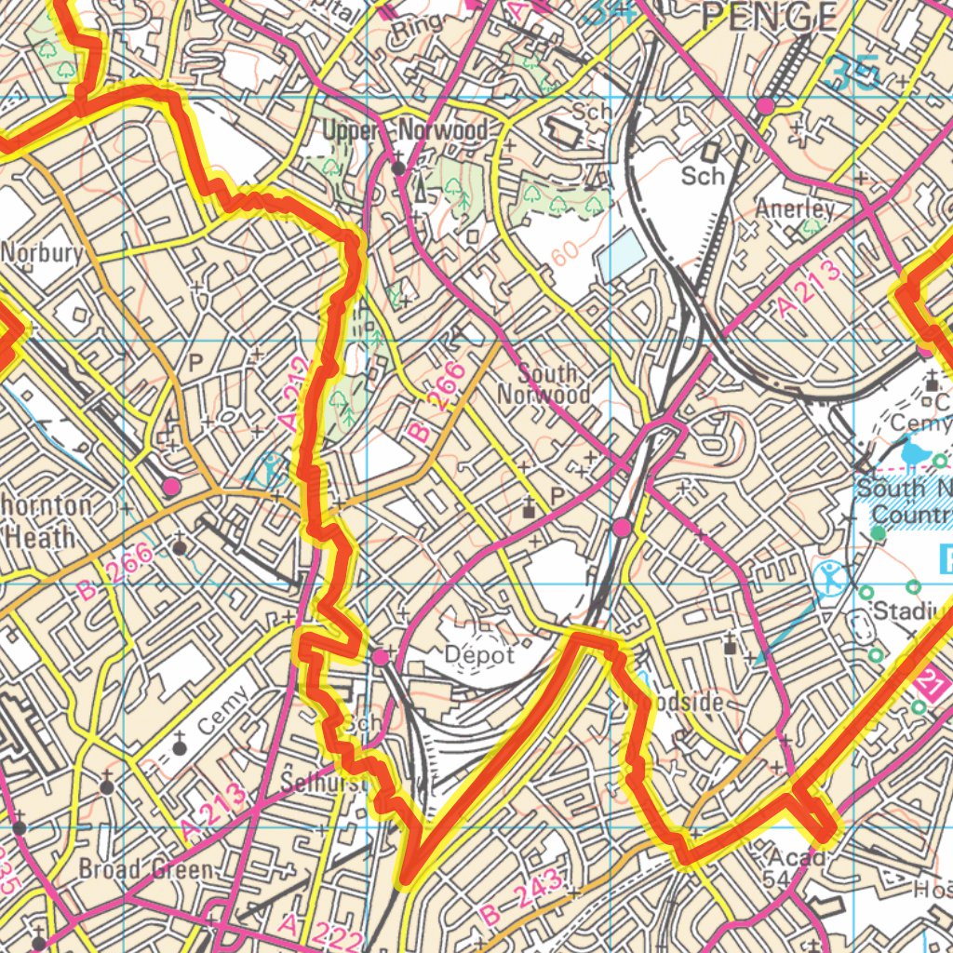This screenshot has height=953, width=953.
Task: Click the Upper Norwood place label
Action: tap(405, 131)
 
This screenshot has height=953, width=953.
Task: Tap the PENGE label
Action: tap(769, 16)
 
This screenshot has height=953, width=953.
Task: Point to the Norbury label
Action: tap(42, 253)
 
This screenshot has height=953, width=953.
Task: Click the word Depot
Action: tap(478, 655)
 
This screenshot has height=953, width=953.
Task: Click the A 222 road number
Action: tap(321, 933)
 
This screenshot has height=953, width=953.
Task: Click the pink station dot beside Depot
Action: tap(381, 658)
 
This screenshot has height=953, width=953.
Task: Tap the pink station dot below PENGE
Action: tap(765, 107)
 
